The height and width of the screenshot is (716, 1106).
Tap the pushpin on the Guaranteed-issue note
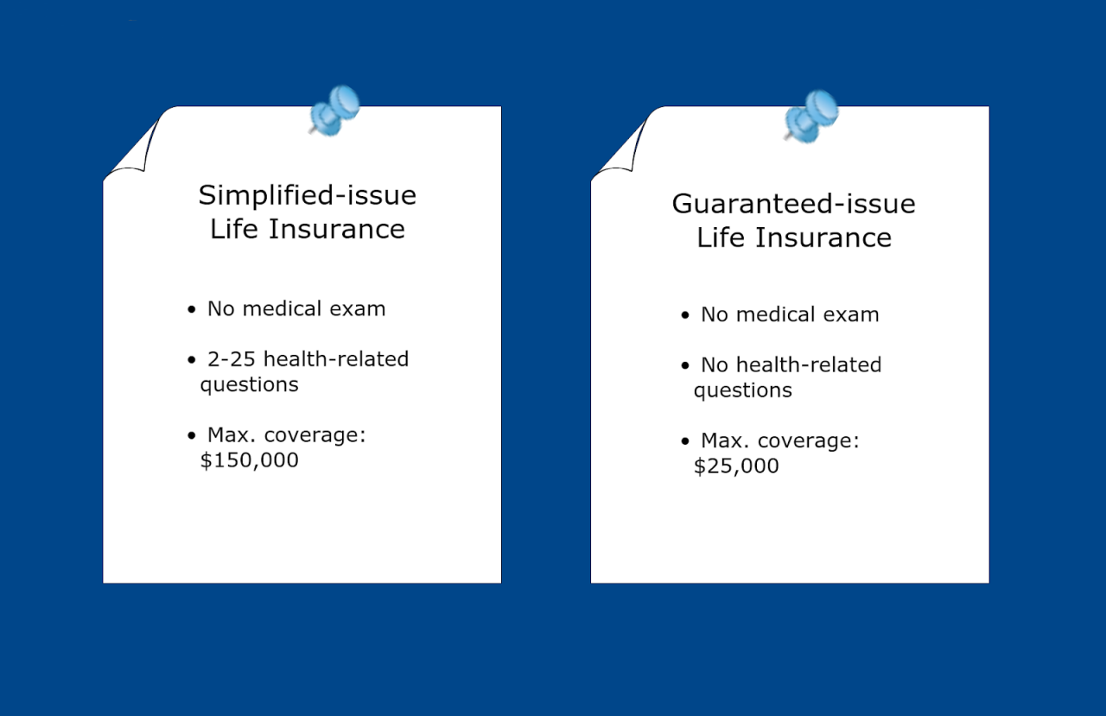click(811, 114)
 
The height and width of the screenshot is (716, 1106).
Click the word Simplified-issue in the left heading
click(307, 195)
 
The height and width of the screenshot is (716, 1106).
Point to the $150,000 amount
click(249, 460)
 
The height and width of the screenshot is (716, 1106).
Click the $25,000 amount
click(736, 466)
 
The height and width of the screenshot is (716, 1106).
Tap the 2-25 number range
click(232, 359)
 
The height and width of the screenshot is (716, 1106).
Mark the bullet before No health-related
click(685, 366)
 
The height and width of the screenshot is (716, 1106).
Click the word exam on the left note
click(357, 309)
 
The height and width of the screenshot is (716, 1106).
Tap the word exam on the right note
click(850, 315)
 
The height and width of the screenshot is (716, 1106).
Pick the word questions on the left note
click(249, 385)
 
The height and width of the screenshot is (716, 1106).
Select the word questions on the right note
click(742, 391)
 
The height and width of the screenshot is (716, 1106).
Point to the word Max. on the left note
click(231, 435)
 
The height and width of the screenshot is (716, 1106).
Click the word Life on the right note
click(721, 238)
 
